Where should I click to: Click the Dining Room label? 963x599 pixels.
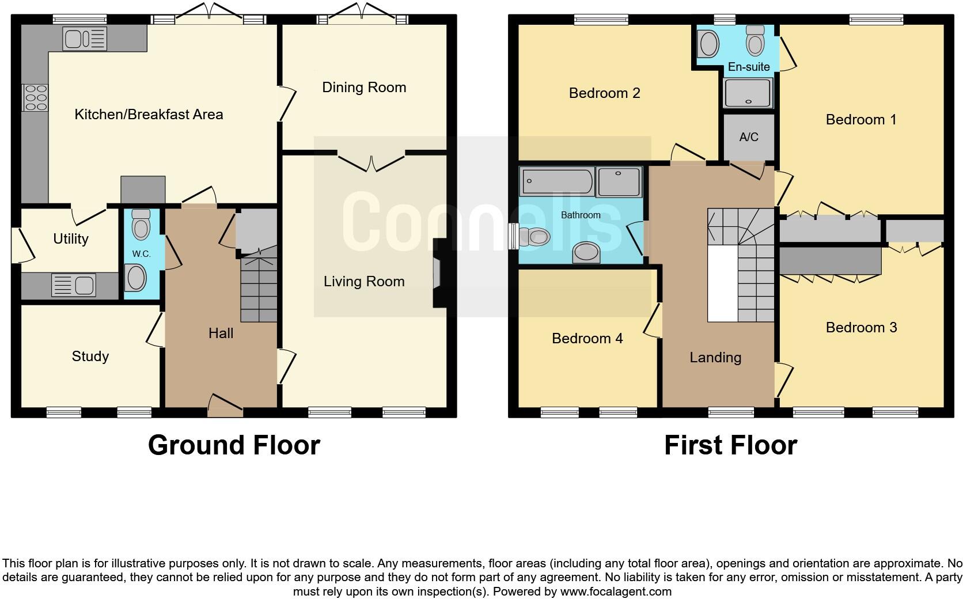363,88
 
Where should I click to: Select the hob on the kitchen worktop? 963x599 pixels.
35,98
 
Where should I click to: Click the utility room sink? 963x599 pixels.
73,285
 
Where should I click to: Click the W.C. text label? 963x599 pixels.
141,254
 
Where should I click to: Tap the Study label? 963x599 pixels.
90,357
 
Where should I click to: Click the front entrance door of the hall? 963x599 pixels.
225,407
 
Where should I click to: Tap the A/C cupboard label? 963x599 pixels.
748,137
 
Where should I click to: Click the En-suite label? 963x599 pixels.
748,67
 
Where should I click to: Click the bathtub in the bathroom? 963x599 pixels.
556,181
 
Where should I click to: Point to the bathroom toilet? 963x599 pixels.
534,237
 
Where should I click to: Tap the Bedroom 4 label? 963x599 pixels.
587,339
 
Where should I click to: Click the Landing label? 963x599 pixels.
715,358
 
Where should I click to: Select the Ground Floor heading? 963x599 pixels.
234,445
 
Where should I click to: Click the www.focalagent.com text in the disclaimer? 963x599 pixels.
615,591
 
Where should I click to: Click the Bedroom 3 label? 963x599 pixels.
860,328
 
